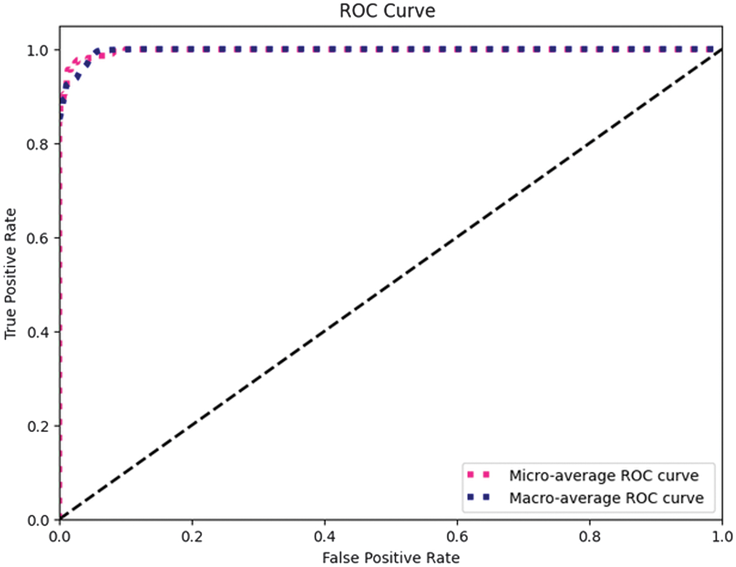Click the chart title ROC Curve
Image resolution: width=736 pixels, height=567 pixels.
tap(387, 11)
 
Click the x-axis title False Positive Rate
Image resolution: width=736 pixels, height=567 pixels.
tap(391, 557)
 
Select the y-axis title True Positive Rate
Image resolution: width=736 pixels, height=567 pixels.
tap(11, 274)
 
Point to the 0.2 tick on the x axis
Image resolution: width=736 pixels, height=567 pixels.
tap(192, 536)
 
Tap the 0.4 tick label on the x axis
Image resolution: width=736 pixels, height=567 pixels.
tap(325, 536)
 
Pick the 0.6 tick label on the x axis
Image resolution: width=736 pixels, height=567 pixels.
tap(457, 536)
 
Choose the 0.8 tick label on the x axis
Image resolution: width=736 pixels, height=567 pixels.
tap(590, 536)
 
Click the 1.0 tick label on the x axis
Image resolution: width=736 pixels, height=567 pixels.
tap(722, 536)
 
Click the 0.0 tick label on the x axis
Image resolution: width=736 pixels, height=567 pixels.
tap(59, 536)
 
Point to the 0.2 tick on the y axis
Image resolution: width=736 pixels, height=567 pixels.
tap(38, 426)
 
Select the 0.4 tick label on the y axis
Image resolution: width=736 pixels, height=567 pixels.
tap(38, 332)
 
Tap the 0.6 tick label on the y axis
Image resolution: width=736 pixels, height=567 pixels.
tap(38, 238)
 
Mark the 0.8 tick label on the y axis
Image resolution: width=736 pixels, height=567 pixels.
tap(38, 144)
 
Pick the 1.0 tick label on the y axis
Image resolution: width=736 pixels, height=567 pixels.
tap(38, 50)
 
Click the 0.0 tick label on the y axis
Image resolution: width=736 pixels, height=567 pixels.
tap(38, 520)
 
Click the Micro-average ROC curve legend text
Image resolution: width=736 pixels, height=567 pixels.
tap(604, 475)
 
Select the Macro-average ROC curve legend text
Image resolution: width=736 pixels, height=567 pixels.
tap(606, 498)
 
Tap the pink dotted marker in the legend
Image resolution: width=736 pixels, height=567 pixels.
tap(478, 475)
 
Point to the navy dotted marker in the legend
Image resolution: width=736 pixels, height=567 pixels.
tap(478, 497)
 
